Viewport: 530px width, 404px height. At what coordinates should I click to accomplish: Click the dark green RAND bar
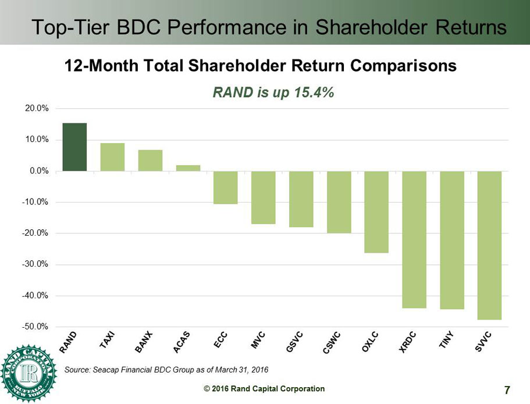(x=74, y=147)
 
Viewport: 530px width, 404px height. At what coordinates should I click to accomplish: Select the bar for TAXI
(x=112, y=157)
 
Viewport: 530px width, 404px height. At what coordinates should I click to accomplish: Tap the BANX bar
(x=150, y=161)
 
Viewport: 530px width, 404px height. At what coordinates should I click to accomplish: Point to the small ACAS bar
(x=188, y=168)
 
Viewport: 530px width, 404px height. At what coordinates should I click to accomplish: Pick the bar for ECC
(x=225, y=187)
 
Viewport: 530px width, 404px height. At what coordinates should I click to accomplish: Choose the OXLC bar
(x=376, y=212)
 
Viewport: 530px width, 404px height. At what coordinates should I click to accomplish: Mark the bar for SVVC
(x=489, y=245)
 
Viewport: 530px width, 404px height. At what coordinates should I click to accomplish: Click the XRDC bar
(x=414, y=239)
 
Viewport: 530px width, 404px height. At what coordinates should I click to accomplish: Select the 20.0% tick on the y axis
(x=38, y=109)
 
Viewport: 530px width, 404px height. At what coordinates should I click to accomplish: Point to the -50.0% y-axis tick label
(x=37, y=327)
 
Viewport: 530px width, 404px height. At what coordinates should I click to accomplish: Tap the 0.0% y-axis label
(x=39, y=171)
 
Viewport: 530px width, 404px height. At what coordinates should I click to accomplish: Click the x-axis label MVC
(x=258, y=339)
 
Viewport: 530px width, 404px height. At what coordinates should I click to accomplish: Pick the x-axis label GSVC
(x=294, y=341)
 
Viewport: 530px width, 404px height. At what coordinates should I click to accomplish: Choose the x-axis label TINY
(x=447, y=340)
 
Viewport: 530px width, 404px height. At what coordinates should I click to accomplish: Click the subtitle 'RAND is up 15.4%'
(x=273, y=93)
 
